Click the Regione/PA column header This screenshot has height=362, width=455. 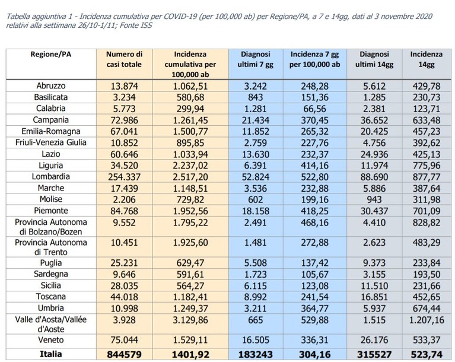51,54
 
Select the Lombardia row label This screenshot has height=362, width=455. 51,176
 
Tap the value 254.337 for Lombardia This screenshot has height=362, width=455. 124,177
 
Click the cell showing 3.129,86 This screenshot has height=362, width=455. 190,320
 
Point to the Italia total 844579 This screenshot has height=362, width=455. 124,354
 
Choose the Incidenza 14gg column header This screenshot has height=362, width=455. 427,59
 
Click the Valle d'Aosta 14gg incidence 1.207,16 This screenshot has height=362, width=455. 427,320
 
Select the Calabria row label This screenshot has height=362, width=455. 51,108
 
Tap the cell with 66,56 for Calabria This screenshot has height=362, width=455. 314,109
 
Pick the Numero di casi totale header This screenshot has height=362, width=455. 124,59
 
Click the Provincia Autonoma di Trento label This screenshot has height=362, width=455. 51,247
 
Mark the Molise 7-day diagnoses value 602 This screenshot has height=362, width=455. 255,200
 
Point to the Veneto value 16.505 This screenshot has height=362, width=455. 255,340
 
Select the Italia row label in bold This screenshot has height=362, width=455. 51,354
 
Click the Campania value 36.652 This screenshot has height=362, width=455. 374,120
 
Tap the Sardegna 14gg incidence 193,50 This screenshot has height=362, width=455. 427,274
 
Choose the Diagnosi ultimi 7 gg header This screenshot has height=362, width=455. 255,59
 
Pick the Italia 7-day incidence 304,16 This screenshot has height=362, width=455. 314,354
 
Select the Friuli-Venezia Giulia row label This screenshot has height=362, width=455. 51,142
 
